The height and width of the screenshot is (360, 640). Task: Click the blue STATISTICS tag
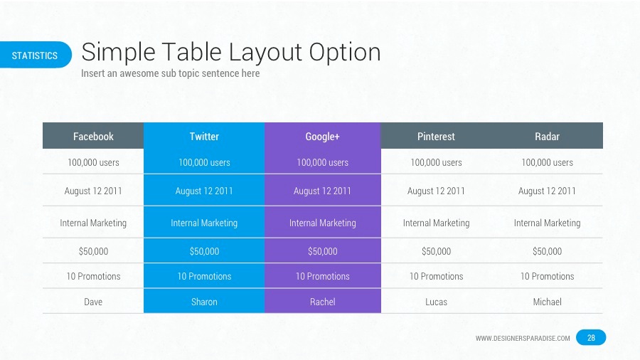click(35, 55)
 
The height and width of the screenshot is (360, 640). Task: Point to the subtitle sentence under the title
click(170, 73)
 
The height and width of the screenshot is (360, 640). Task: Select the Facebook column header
click(93, 136)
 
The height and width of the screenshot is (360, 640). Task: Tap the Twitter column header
click(204, 136)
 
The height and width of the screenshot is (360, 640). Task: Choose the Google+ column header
click(322, 136)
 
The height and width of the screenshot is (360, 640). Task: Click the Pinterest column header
click(436, 136)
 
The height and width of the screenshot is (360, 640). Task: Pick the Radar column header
click(547, 136)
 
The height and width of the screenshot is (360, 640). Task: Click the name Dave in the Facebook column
click(93, 302)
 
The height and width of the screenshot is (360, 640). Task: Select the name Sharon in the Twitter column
click(204, 302)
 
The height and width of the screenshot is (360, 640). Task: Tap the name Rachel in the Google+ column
click(322, 302)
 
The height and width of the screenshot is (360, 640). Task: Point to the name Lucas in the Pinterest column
click(436, 302)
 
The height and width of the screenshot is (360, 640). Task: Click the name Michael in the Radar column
click(547, 302)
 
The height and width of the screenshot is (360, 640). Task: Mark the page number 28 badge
click(591, 338)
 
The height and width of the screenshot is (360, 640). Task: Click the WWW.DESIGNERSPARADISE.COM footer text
click(523, 339)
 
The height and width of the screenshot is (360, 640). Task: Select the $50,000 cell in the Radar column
click(547, 251)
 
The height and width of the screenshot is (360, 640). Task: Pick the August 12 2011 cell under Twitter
click(204, 191)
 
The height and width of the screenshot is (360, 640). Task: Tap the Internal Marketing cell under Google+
click(322, 223)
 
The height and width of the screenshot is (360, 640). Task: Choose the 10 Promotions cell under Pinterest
click(436, 276)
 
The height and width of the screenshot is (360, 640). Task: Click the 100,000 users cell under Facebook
click(93, 162)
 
